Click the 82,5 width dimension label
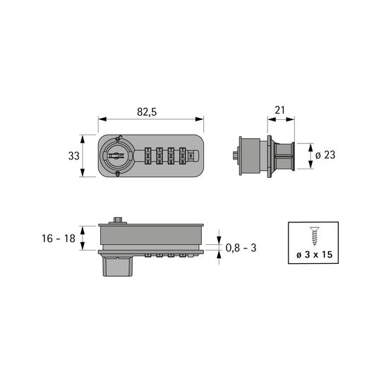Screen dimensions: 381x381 (147, 112)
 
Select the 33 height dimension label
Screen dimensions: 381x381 (74, 156)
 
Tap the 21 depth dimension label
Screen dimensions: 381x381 (279, 110)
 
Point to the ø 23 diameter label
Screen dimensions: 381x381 (325, 155)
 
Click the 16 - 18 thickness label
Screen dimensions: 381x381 (59, 238)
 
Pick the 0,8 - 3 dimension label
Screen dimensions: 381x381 (241, 248)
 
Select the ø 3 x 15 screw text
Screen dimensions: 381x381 (314, 255)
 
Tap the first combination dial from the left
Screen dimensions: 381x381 (147, 156)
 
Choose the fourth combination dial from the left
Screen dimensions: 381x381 (183, 156)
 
